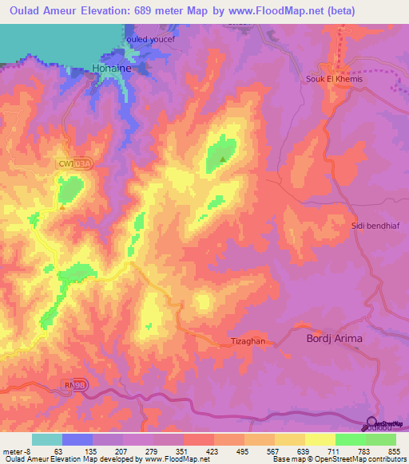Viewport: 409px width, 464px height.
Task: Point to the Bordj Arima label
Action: click(x=335, y=339)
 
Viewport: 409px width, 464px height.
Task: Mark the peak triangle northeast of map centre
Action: click(x=222, y=159)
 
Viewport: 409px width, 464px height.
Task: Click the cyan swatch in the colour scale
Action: click(x=47, y=439)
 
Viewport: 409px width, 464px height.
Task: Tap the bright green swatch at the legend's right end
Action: click(x=380, y=439)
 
